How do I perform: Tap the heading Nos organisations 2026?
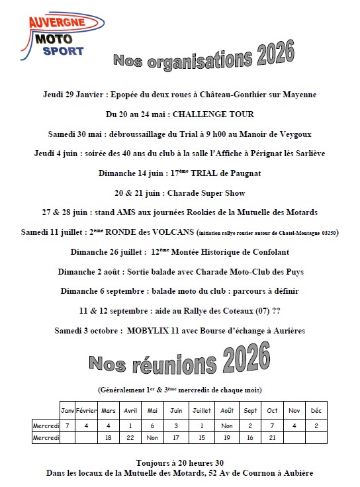pos(203,57)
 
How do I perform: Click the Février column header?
pos(87,411)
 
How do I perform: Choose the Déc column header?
pos(316,411)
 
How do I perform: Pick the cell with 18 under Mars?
pos(107,437)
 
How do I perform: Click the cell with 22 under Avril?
pos(130,437)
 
